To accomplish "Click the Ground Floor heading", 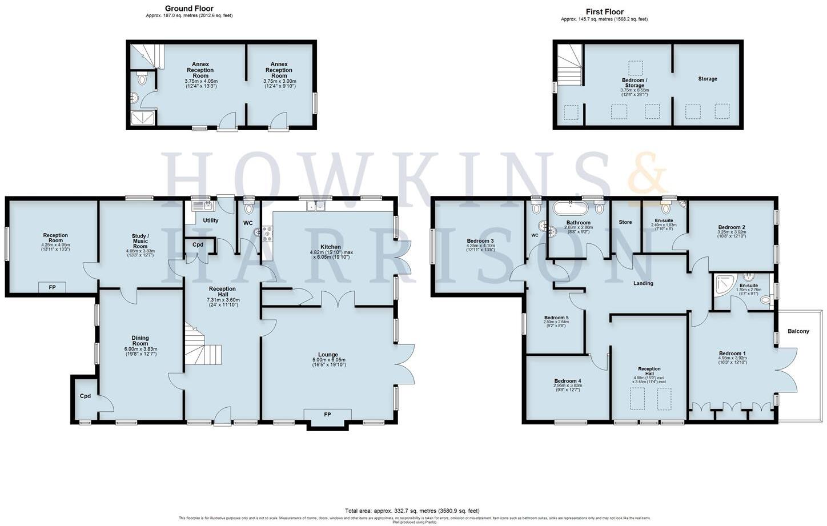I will (x=189, y=9).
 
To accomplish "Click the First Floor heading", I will (x=604, y=11).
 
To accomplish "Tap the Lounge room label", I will (x=328, y=355).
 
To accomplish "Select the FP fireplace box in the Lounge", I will (x=327, y=415).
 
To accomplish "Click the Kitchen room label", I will (x=330, y=247).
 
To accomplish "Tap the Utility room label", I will (x=210, y=220).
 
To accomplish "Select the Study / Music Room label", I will (x=140, y=239).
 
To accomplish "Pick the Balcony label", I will (x=798, y=331).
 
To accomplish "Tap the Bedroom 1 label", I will (x=732, y=354).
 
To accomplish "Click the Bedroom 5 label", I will (x=556, y=318).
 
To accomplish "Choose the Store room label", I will (x=625, y=222).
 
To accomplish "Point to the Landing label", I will (x=643, y=283).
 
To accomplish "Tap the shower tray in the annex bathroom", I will (x=138, y=118).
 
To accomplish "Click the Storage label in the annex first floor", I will (x=707, y=79).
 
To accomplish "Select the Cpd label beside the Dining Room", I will (x=85, y=396).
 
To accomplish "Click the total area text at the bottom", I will (x=412, y=511).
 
